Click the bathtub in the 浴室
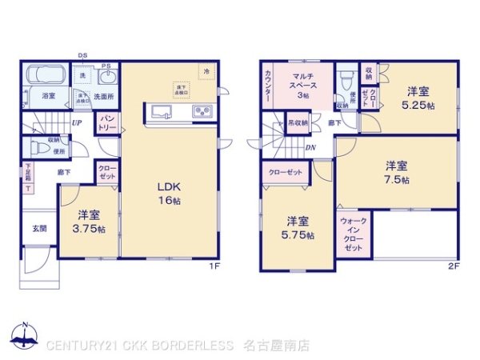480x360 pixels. (x=47, y=76)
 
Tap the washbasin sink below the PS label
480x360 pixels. (x=108, y=78)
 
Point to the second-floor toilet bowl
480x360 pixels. (x=346, y=82)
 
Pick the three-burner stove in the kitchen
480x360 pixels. (x=200, y=111)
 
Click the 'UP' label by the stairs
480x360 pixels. (x=78, y=122)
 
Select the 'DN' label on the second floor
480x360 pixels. (x=310, y=148)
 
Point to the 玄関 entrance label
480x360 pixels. (x=39, y=228)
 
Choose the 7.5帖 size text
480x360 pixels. (x=398, y=181)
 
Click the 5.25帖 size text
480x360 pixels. (x=418, y=105)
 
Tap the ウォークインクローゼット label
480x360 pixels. (x=353, y=234)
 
